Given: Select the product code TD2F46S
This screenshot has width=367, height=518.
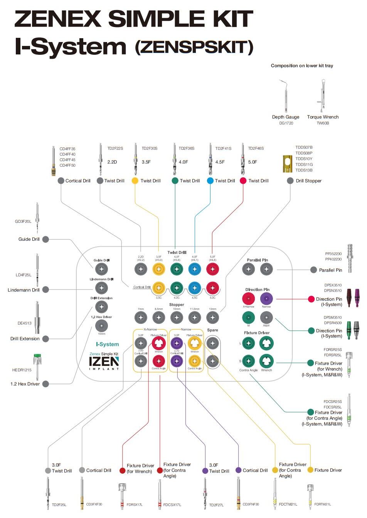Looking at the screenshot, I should tap(256, 148).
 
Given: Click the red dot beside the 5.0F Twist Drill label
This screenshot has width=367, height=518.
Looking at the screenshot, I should tap(243, 181).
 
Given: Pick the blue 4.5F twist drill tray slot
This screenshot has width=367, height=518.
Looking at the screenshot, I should tap(195, 269).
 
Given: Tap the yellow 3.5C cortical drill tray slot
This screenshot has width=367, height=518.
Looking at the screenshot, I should tap(158, 288).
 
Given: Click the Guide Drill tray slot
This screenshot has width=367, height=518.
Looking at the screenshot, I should tap(101, 269).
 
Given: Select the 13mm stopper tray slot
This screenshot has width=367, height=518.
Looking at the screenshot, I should tap(212, 318).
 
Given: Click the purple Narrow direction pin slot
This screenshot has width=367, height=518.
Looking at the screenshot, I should tap(266, 298).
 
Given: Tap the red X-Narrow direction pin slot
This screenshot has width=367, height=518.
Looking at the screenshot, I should tap(249, 298).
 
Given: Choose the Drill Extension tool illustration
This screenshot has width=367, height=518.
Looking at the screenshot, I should tap(37, 317).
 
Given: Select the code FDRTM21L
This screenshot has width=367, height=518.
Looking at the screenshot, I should tap(322, 504).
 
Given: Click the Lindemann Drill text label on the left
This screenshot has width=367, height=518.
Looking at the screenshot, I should tap(24, 290).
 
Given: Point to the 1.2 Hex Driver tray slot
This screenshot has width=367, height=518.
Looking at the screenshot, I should tap(101, 325).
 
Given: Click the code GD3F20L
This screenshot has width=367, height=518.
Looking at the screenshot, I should tap(23, 222).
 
